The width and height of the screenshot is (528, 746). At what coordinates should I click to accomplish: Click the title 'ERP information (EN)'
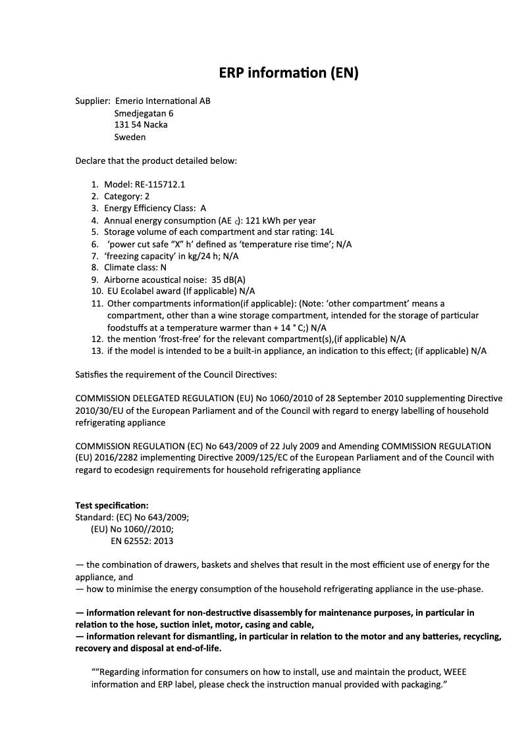pos(288,73)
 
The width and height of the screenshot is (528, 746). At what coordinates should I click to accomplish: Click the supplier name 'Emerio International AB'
pos(163,101)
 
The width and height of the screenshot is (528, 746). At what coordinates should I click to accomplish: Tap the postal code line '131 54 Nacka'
pos(140,125)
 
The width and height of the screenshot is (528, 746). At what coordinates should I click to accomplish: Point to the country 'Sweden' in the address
pos(130,137)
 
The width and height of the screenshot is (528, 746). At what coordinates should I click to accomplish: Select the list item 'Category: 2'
pos(126,197)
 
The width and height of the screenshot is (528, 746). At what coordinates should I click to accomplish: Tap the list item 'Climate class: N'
pos(135,268)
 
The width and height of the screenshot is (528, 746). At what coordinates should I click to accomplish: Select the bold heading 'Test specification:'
pos(112,505)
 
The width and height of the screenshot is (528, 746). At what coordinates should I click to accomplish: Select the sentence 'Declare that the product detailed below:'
pos(156,161)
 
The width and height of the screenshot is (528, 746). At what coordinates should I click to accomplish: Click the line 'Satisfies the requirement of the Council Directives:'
pos(176,375)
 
